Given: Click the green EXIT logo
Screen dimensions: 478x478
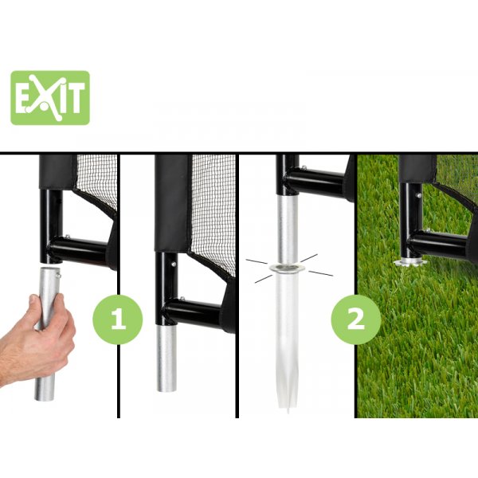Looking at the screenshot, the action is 50,98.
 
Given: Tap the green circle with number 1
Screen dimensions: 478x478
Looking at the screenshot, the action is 118,319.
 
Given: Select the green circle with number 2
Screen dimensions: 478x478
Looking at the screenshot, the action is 356,319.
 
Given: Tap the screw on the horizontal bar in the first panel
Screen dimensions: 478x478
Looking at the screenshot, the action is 68,236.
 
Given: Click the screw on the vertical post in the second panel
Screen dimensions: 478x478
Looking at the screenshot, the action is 174,264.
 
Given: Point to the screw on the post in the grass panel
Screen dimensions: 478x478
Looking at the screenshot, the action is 419,195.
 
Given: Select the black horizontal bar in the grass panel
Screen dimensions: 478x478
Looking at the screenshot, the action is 439,241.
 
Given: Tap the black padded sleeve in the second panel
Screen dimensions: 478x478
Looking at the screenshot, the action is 173,203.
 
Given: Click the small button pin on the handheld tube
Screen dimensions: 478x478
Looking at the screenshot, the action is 59,276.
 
